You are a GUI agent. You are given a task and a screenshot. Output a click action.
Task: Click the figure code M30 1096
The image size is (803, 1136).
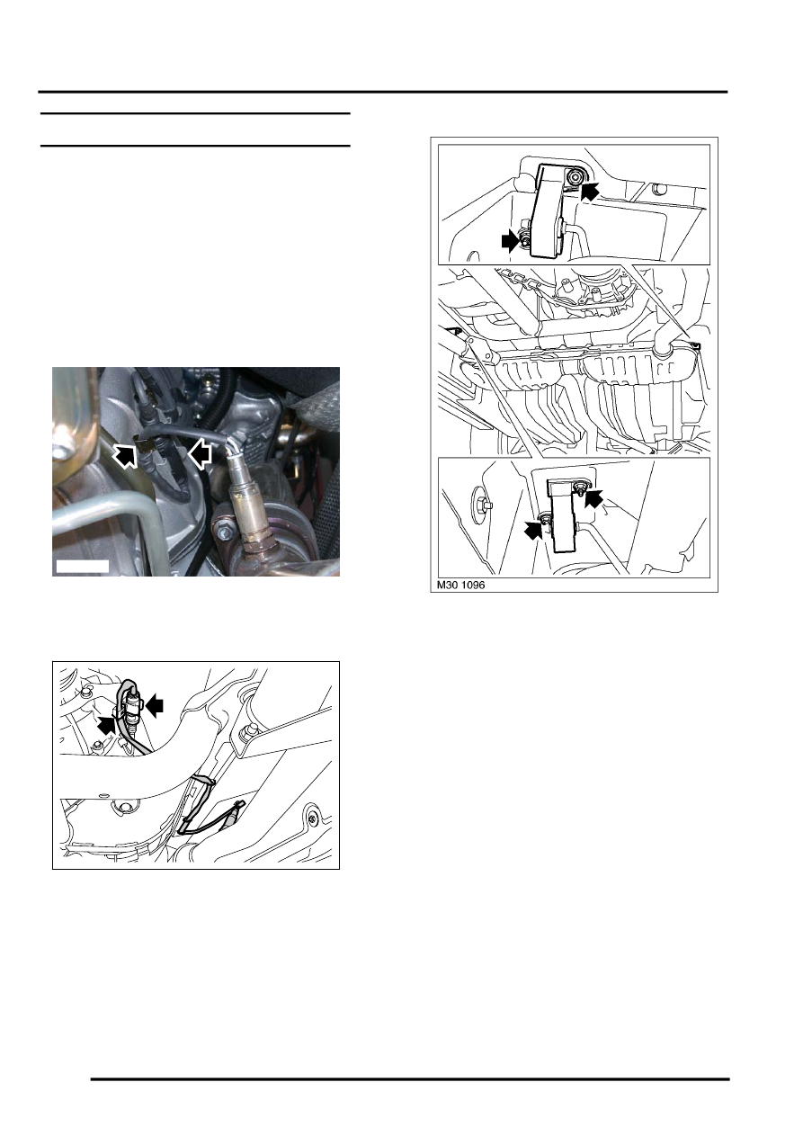click(460, 585)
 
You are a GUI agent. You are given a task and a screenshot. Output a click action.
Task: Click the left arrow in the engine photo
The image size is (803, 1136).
click(125, 454)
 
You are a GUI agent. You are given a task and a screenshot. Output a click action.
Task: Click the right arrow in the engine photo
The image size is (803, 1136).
click(200, 453)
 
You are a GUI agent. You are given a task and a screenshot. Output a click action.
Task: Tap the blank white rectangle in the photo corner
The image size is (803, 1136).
click(82, 567)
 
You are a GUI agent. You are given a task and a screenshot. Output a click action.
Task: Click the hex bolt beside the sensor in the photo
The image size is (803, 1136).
click(225, 533)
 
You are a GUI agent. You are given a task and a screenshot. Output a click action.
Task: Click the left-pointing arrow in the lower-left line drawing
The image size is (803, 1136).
click(154, 705)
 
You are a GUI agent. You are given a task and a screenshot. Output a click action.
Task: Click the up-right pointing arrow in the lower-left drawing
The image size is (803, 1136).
click(106, 724)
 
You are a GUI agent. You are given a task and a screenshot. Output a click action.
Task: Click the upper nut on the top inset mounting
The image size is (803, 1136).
click(574, 176)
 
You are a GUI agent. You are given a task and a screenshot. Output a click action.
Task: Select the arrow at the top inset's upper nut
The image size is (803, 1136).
click(590, 192)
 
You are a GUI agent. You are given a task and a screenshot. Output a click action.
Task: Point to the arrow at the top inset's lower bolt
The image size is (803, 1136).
click(511, 241)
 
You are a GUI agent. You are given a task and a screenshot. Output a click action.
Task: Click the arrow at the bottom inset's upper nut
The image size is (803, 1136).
click(594, 498)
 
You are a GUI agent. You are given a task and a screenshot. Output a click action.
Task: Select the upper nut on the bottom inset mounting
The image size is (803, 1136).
click(579, 487)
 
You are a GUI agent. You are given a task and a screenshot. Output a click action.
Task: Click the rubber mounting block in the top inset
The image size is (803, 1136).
click(548, 210)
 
